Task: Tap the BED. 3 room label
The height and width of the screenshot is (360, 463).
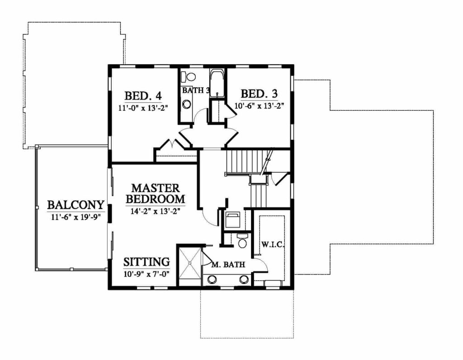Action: pos(259,94)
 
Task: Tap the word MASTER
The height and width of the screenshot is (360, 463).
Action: pos(156,188)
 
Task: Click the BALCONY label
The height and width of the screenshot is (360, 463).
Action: pos(76,205)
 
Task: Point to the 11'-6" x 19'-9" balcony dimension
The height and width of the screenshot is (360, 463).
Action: pos(76,217)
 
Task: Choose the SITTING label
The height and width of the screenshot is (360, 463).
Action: pos(147,262)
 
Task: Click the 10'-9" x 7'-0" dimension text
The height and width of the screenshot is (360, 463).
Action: pos(147,273)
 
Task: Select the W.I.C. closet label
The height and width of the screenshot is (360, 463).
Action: pos(272,245)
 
